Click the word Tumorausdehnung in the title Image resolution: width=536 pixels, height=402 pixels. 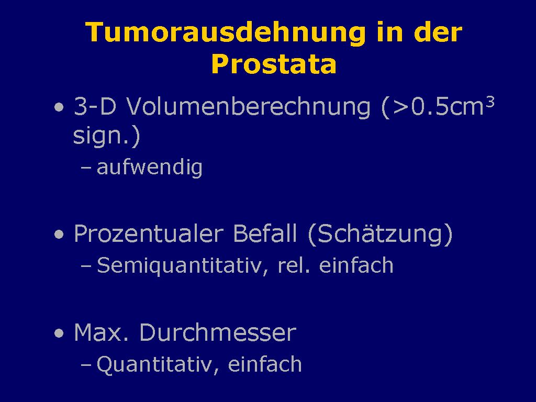pos(225,32)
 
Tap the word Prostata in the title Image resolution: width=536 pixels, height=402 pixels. pos(274,64)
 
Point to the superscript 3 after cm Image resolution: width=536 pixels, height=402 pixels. pos(490,102)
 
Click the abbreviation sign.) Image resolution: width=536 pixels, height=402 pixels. pos(107,136)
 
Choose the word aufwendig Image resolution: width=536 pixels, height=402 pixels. pos(150,167)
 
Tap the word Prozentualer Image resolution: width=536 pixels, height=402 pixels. pos(149,234)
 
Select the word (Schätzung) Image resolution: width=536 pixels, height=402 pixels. pos(380,234)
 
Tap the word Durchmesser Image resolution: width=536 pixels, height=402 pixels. pos(218,332)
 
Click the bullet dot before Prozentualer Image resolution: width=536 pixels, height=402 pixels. pos(59,234)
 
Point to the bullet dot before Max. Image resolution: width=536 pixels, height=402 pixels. pos(59,333)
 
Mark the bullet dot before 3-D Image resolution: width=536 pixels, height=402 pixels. pos(59,107)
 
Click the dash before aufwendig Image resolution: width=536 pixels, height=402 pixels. pos(86,168)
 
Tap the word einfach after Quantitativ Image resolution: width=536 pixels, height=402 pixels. pos(265,364)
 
